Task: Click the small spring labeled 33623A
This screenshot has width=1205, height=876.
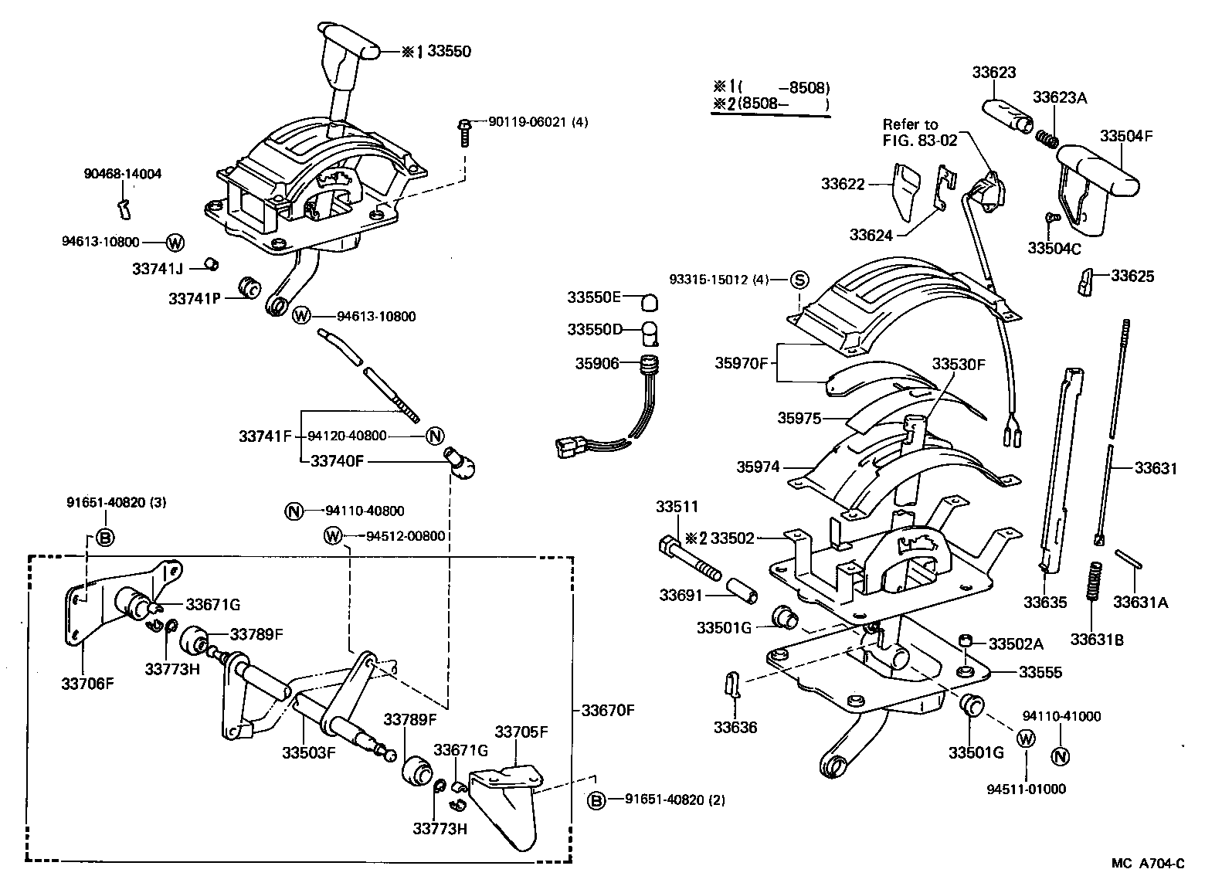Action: click(x=1047, y=138)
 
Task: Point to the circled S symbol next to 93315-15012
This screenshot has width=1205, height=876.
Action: click(x=799, y=280)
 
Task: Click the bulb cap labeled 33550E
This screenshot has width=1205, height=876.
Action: click(x=650, y=298)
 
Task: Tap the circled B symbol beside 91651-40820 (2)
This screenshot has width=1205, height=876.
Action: click(x=596, y=800)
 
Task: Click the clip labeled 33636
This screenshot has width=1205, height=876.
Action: click(x=733, y=684)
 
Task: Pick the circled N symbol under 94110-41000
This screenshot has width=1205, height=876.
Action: click(x=1060, y=755)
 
